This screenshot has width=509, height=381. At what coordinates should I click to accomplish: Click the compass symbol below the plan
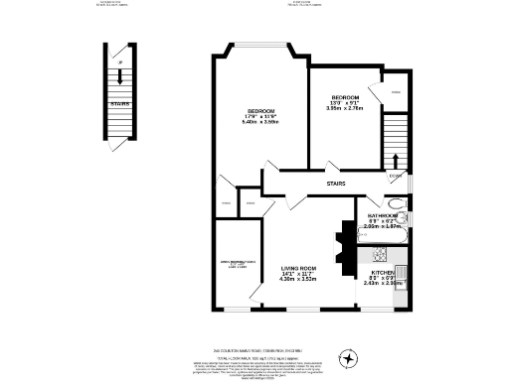349,357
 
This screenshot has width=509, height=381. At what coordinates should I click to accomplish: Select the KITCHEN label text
385,271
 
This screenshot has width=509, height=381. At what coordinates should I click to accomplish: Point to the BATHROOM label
384,214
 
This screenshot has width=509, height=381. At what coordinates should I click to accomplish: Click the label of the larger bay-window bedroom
260,109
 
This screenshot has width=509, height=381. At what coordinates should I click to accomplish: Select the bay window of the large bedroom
262,44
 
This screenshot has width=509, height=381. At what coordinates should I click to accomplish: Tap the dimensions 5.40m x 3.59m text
260,121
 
